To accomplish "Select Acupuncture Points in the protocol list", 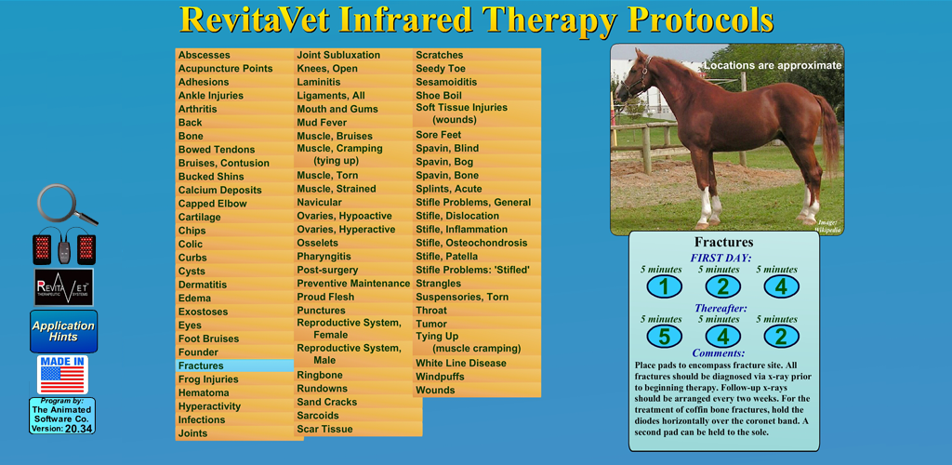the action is pos(225,69).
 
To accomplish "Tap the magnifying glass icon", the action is pos(67,205).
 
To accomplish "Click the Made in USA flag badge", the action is pos(62,375).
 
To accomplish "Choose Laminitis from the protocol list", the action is pos(318,82).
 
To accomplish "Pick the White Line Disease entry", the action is pos(461,363).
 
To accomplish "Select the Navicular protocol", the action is pos(319,202).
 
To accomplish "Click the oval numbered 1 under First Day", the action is pos(664,286).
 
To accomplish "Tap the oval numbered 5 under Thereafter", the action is pos(664,336).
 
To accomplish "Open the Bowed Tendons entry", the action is pos(217,150).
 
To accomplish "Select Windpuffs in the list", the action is pos(440,377).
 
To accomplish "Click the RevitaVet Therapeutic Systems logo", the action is pos(64,286).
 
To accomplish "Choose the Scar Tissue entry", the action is pos(324,429).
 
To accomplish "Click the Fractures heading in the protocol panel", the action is pos(723,243).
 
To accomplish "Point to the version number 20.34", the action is pos(78,429).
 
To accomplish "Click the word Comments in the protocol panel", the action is pos(719,352).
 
